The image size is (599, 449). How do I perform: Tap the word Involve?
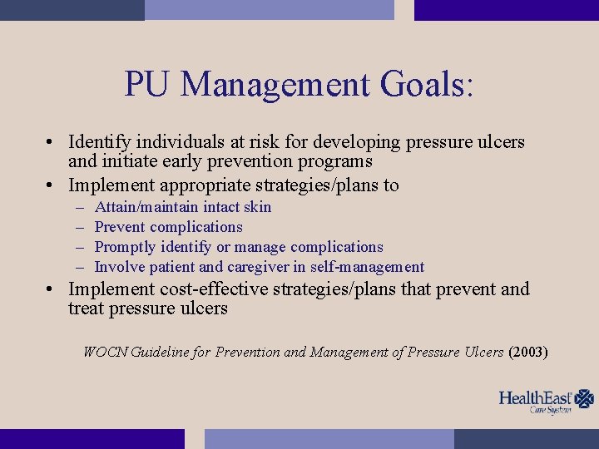(x=118, y=267)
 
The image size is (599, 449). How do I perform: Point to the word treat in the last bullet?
(x=86, y=308)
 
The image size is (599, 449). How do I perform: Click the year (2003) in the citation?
(x=527, y=352)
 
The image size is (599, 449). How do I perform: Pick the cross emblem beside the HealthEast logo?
(x=585, y=398)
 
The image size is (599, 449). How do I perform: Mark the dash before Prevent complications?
(x=80, y=227)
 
